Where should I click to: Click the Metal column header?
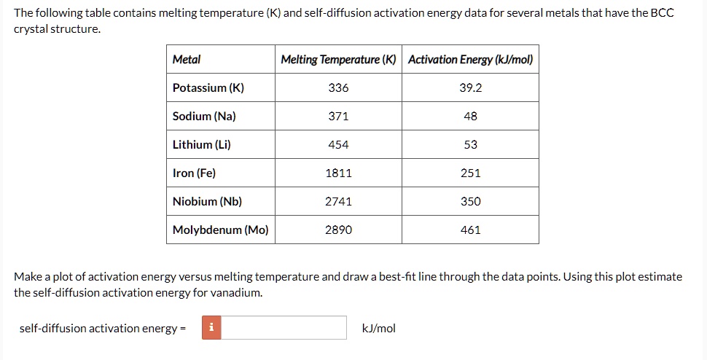tap(187, 60)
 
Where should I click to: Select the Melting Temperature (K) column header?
tap(338, 60)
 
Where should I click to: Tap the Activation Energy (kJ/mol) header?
tap(470, 60)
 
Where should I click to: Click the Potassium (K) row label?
tap(208, 88)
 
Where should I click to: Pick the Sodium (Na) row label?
tap(204, 117)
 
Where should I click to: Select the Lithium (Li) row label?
tap(201, 145)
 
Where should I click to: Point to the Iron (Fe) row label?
tap(194, 173)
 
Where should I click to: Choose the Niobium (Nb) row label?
tap(207, 202)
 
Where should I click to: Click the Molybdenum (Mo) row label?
tap(220, 230)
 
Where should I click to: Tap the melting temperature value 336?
tap(338, 88)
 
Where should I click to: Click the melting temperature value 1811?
tap(338, 173)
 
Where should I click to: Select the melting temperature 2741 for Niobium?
tap(338, 202)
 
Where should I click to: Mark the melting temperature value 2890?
tap(338, 230)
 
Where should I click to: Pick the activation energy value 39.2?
tap(470, 88)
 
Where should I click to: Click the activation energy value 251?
tap(470, 173)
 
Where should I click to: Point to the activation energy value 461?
tap(470, 230)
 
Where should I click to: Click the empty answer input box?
tap(283, 328)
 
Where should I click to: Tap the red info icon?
tap(211, 328)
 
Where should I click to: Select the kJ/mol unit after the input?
tap(378, 329)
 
